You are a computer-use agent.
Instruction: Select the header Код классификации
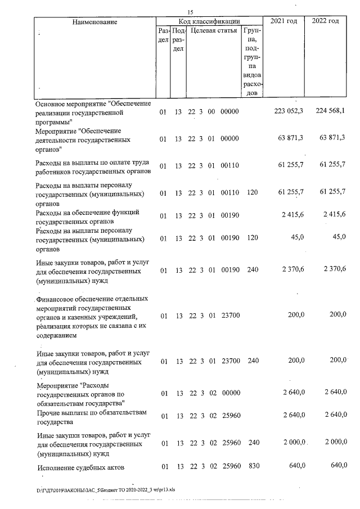tap(209, 21)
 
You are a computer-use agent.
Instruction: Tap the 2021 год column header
tap(284, 21)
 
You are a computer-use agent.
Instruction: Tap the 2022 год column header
tap(325, 21)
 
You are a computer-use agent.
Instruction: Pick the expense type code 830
tap(253, 466)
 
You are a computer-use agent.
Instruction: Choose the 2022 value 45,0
tap(339, 237)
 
